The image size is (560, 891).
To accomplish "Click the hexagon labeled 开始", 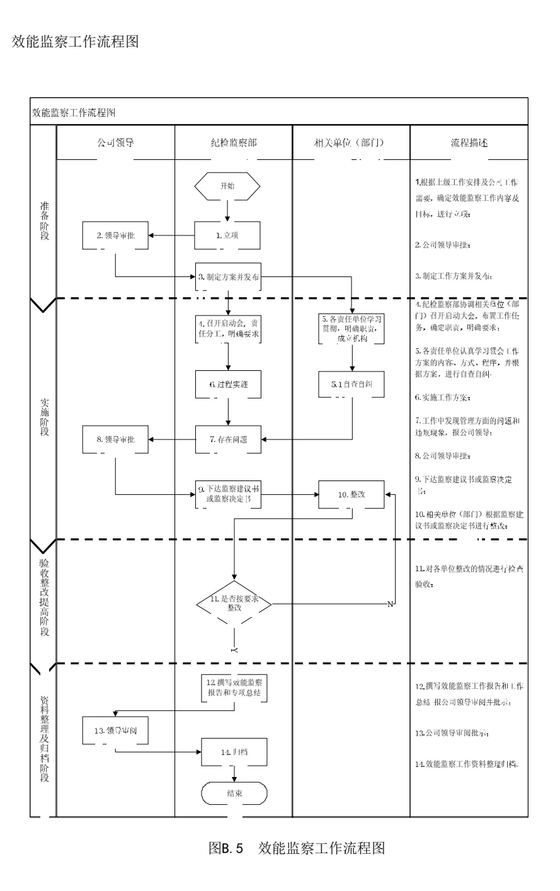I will click(227, 186).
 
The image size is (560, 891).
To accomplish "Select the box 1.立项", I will click(227, 235).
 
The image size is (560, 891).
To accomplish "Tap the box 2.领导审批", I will click(115, 235).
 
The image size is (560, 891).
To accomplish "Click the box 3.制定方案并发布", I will click(228, 276).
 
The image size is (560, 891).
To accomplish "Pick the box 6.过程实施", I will click(228, 384).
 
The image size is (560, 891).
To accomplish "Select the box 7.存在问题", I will click(228, 439).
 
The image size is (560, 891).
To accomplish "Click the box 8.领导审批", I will click(115, 439).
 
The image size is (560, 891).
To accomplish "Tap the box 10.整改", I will click(351, 494).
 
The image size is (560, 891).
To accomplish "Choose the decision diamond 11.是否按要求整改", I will click(234, 604).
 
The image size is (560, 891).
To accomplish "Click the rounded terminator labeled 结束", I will click(234, 793).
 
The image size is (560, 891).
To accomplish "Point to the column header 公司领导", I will click(115, 143).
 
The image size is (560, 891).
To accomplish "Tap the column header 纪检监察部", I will click(234, 143).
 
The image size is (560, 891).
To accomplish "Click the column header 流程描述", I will click(469, 143).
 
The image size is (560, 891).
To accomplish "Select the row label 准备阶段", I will click(44, 221).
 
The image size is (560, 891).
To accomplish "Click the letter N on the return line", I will click(389, 604).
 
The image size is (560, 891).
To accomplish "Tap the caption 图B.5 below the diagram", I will click(226, 848).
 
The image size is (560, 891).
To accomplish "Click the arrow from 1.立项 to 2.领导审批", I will click(171, 235).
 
